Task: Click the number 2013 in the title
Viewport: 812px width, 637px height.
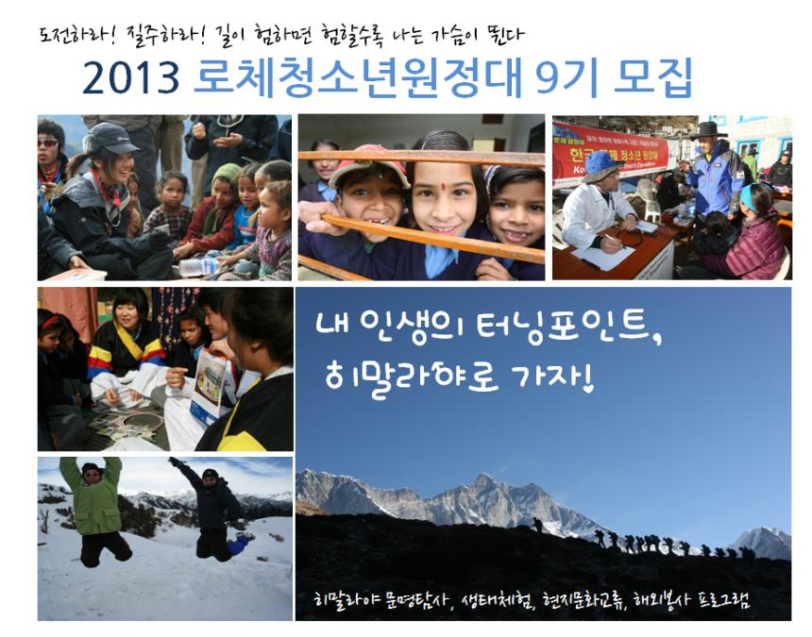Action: click(131, 78)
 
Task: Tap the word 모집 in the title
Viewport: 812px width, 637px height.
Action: click(652, 78)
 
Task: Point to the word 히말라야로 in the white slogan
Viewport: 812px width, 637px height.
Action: click(412, 377)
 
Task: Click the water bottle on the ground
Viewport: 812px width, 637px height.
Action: click(200, 267)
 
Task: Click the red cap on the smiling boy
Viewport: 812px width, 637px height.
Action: click(369, 163)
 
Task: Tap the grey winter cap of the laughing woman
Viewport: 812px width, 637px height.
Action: click(109, 138)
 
